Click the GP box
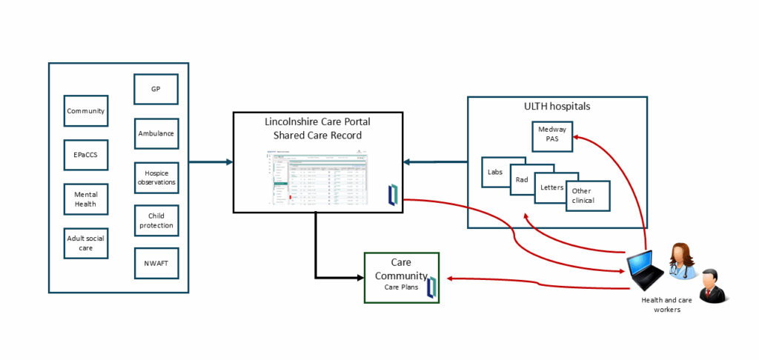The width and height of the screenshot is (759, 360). click(156, 89)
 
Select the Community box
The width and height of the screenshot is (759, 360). click(86, 111)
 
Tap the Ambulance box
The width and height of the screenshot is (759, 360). click(156, 134)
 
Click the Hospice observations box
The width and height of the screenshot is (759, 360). click(156, 177)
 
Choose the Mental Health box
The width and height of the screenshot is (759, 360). click(86, 199)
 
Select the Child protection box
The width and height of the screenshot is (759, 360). click(156, 221)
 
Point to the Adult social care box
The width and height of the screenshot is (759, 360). click(86, 243)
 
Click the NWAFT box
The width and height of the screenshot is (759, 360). click(156, 263)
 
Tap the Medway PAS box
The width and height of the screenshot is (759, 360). click(553, 136)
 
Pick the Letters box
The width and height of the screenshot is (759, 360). click(551, 187)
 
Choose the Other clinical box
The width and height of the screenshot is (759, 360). click(587, 196)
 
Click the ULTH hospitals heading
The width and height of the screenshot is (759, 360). click(557, 107)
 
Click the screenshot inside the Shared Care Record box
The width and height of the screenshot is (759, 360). click(318, 179)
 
